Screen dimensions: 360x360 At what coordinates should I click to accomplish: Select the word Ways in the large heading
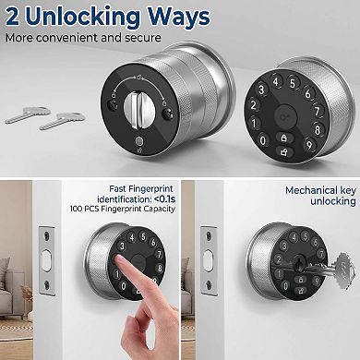click(178, 17)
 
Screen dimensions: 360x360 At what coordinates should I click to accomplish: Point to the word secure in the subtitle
click(143, 38)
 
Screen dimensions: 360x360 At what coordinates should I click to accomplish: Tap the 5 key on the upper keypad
click(293, 83)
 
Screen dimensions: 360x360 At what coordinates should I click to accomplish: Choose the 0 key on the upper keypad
click(262, 140)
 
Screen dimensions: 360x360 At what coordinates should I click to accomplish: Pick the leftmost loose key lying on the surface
click(28, 114)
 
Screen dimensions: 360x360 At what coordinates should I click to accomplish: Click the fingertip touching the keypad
click(121, 262)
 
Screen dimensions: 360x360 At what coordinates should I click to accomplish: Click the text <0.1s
click(164, 198)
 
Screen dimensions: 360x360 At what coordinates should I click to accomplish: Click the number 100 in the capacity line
click(76, 209)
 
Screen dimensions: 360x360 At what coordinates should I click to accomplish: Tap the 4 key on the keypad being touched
click(132, 238)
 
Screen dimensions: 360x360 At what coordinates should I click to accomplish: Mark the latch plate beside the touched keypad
click(46, 261)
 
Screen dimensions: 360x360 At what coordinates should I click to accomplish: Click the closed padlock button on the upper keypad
click(283, 138)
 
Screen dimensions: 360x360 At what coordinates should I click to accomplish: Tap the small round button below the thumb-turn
click(139, 142)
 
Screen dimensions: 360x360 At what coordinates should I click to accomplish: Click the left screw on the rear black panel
click(112, 105)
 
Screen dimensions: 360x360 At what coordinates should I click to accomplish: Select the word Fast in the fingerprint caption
click(117, 188)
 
